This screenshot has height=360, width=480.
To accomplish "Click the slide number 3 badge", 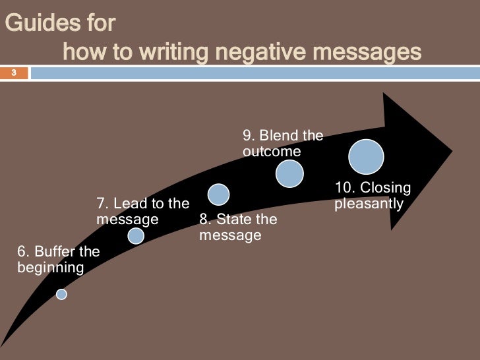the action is (x=13, y=73).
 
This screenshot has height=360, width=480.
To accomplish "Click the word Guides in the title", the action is (x=34, y=26).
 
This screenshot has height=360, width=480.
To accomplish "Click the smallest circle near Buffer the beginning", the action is (x=61, y=295).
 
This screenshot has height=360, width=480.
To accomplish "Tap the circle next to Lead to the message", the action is (x=136, y=235).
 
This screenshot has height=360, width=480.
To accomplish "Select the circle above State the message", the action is (x=218, y=194).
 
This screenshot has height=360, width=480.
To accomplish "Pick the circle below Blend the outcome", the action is (x=289, y=173).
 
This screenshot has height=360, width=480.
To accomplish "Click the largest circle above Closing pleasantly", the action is (x=366, y=158).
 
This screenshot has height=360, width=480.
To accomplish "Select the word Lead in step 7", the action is (x=131, y=203).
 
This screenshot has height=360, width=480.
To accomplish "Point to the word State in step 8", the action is (x=233, y=220).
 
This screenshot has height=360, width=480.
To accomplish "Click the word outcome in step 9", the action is (x=272, y=152).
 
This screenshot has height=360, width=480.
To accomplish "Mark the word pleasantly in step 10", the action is (x=369, y=204).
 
